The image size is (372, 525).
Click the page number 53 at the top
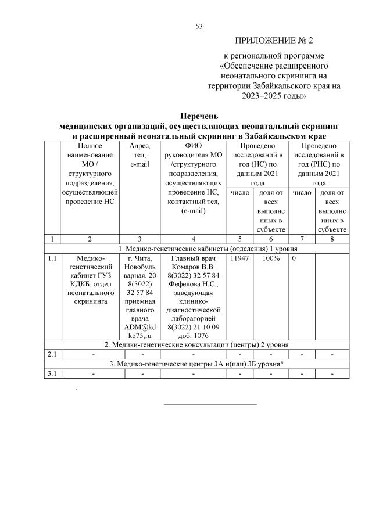(x=199, y=26)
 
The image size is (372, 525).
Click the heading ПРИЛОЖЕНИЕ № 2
(x=273, y=41)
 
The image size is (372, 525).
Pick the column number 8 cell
(x=332, y=239)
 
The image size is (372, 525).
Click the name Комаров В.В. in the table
(x=192, y=267)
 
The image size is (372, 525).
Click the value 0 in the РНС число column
(x=295, y=258)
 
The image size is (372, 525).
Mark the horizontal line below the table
(x=210, y=404)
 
